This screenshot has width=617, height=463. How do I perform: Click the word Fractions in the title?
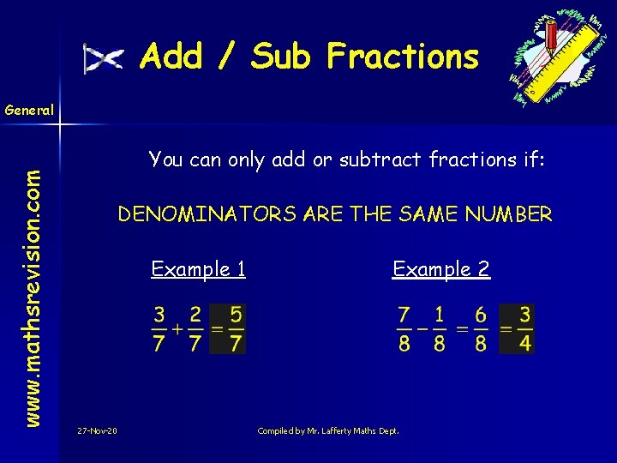coord(402,57)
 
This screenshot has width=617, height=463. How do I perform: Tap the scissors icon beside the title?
coord(103,58)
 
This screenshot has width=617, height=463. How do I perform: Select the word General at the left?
coord(29,110)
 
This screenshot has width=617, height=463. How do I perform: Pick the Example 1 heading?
coord(199,269)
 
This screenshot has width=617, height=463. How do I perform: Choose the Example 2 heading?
coord(441,269)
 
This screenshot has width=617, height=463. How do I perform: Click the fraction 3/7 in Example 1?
coord(159,328)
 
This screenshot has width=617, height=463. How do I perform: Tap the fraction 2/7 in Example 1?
coord(196,328)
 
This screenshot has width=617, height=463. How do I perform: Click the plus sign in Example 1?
coord(177,328)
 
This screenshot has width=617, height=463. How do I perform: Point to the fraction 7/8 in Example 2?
coord(404,328)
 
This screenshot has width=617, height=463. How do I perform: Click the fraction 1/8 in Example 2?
coord(440,328)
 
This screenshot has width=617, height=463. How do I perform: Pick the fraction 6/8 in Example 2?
coord(480,328)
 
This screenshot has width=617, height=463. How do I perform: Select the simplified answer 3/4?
coord(524,328)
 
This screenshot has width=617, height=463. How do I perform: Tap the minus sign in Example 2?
coord(422,328)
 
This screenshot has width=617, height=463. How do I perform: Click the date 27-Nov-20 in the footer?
coord(98,430)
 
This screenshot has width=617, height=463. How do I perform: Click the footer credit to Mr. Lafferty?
coord(328,430)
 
